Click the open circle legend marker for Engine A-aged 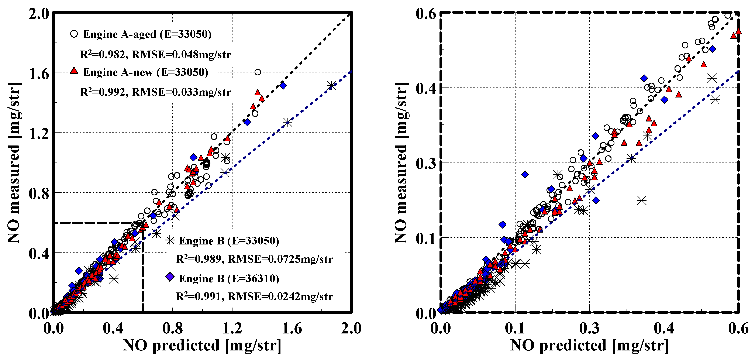click(74, 34)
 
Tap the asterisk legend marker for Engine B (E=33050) click(170, 240)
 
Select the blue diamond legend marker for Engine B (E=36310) click(170, 277)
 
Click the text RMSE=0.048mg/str click(181, 55)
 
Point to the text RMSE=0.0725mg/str click(280, 259)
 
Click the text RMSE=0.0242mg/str click(280, 297)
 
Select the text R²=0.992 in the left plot click(103, 92)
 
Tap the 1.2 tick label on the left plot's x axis click(232, 328)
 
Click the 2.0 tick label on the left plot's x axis click(351, 328)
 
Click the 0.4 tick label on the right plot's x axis click(664, 328)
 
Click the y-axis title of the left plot click(14, 163)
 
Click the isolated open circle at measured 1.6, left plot click(258, 72)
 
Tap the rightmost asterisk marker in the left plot click(331, 86)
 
